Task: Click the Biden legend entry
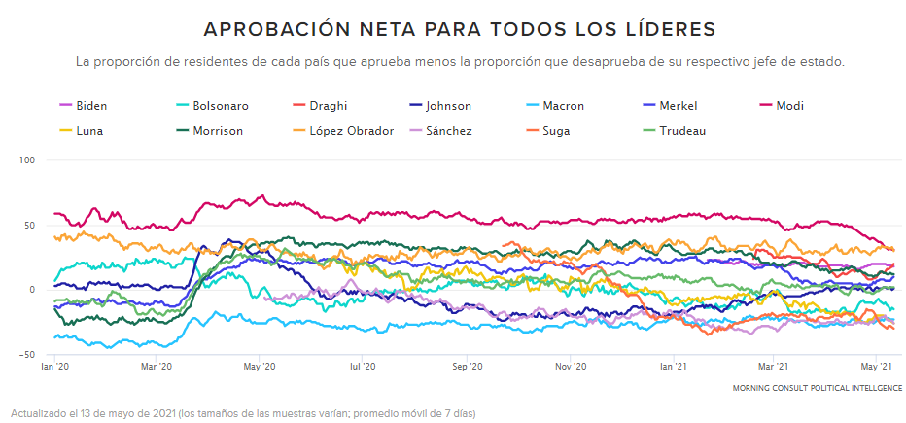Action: (90, 106)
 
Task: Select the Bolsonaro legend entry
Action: (220, 106)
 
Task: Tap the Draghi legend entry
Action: (327, 106)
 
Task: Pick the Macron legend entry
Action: (563, 106)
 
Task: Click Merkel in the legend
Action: (678, 106)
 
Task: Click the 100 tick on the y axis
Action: (27, 159)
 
